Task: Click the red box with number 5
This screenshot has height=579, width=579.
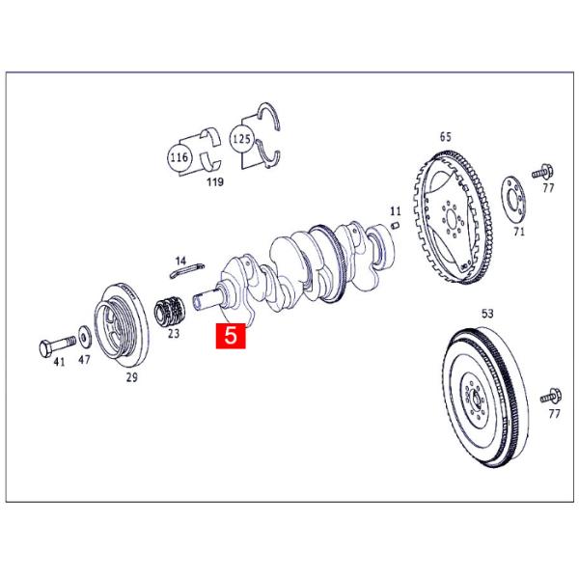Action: coord(232,337)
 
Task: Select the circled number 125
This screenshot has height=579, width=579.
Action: coord(242,140)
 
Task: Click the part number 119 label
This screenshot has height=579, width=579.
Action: coord(215,180)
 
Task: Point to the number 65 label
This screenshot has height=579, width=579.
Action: coord(446,136)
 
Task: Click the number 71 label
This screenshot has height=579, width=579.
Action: coord(519,233)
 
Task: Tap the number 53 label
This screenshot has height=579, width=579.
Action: coord(486,314)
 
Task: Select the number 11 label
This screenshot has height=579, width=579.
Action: coord(395,209)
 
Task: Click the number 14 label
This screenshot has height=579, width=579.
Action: coord(180,261)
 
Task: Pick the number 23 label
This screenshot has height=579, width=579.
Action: coord(174,334)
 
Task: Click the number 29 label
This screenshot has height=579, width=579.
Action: coord(132,377)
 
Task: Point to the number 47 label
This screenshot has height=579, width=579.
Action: coord(85,359)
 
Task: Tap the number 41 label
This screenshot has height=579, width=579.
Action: coord(59,361)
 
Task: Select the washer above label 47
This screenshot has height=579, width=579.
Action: coord(85,337)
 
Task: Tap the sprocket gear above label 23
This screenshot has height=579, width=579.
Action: coord(171,311)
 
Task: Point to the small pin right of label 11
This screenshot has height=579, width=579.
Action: coord(395,226)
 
